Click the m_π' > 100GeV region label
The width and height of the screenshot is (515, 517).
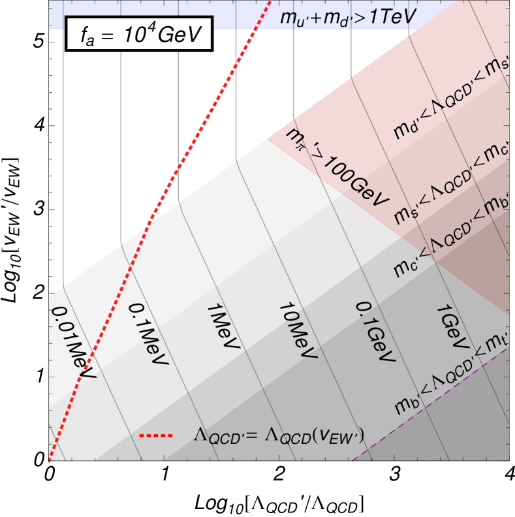(x=339, y=166)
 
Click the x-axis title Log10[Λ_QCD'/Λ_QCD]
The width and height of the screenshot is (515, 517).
(x=279, y=503)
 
